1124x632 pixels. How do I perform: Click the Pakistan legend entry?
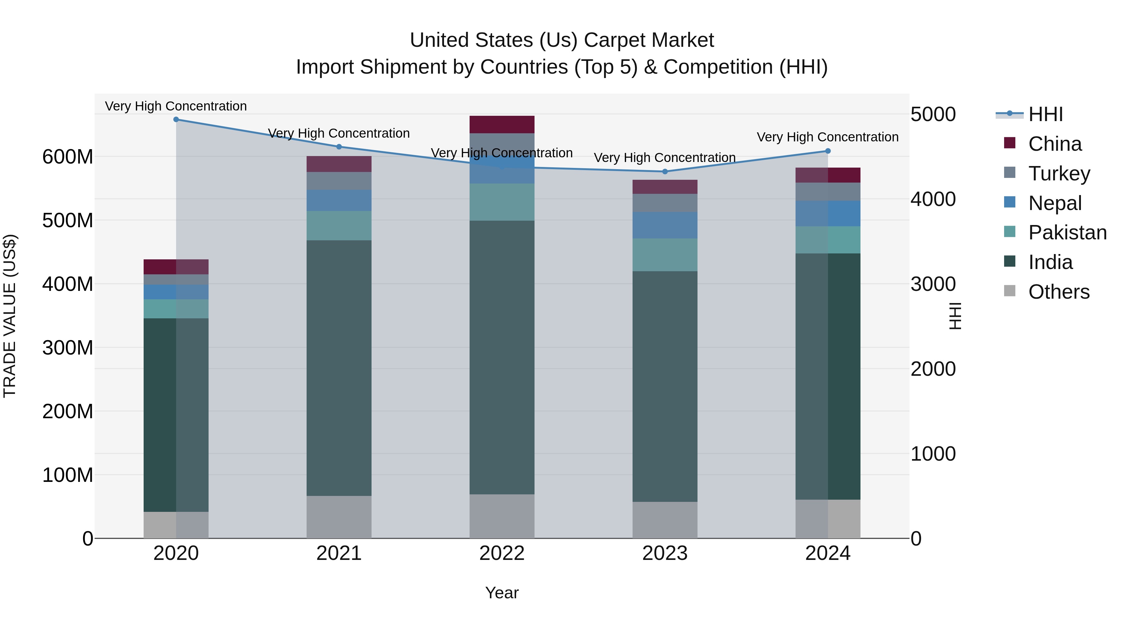point(1067,233)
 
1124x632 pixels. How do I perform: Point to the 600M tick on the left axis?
point(68,157)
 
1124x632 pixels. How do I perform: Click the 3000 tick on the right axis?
point(933,284)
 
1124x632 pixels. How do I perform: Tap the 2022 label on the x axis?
point(502,553)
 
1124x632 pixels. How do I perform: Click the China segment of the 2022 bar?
point(502,124)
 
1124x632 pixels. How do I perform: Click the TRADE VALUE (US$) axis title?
point(10,316)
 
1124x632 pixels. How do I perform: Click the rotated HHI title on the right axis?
point(955,316)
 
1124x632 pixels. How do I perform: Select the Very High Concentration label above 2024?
point(827,137)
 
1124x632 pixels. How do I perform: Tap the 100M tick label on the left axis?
point(68,475)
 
